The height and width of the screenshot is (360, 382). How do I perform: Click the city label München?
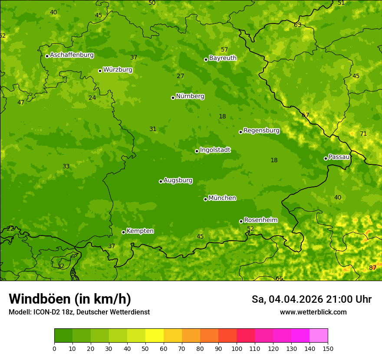(222, 198)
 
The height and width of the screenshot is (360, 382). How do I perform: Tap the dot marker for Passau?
(326, 158)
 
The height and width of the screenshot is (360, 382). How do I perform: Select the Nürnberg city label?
(190, 96)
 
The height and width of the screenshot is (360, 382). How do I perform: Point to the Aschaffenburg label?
(72, 55)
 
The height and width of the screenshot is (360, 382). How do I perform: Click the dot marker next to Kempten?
(123, 232)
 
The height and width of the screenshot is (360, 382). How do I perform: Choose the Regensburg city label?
(261, 131)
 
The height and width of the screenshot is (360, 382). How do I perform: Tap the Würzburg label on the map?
(118, 70)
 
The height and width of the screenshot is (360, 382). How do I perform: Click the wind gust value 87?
(372, 268)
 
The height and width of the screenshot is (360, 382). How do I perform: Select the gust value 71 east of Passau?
(363, 134)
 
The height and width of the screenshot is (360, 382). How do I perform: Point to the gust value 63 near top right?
(297, 25)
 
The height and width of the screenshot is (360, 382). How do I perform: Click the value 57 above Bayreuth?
(224, 50)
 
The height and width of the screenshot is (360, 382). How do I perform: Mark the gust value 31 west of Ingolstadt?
(153, 129)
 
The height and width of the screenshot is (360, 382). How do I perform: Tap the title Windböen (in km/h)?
(70, 299)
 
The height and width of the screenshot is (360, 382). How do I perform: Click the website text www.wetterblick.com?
(313, 312)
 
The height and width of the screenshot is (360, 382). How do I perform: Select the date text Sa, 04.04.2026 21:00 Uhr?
(311, 299)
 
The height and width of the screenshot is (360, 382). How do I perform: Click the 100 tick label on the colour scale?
(237, 348)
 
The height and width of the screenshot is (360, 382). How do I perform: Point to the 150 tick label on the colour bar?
(327, 348)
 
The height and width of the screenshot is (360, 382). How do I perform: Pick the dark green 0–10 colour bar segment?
(63, 336)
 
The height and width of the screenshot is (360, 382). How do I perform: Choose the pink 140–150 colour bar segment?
(319, 336)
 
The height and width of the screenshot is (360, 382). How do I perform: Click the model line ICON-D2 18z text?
(79, 312)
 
